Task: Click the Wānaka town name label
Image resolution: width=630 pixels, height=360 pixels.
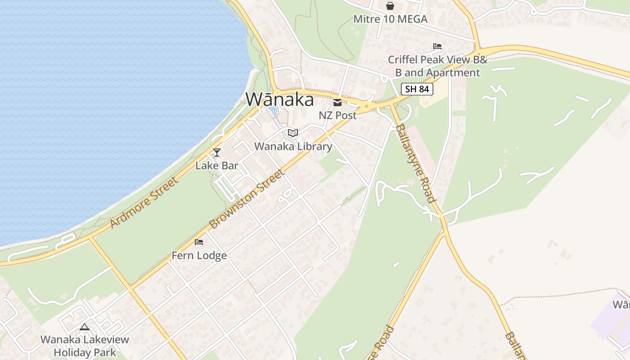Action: click(279, 99)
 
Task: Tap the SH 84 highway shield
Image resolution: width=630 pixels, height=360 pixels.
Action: click(417, 89)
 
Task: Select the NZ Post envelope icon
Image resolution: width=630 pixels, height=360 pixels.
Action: click(337, 103)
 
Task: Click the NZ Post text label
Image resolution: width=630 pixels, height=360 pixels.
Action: click(337, 115)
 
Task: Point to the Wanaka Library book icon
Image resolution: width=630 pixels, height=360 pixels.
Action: click(293, 133)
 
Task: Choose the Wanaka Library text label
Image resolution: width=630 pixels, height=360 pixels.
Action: click(293, 146)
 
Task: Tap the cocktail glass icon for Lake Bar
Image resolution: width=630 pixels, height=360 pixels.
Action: click(217, 153)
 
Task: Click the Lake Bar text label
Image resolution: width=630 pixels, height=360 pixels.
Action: click(217, 166)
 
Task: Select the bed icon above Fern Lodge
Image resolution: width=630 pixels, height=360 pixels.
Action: click(199, 242)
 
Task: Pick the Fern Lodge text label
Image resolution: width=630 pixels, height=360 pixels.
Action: click(199, 256)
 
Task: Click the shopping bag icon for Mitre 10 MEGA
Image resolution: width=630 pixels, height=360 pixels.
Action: click(390, 6)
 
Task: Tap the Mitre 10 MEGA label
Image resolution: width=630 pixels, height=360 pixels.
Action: click(390, 19)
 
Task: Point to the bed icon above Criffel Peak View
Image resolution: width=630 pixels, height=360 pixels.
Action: click(437, 46)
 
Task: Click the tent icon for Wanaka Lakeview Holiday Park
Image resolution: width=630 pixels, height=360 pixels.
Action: click(85, 327)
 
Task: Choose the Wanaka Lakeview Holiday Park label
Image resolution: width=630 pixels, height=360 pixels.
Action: click(85, 346)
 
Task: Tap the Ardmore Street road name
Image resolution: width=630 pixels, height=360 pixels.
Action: click(144, 202)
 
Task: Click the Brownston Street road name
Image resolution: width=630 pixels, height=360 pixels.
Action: click(247, 198)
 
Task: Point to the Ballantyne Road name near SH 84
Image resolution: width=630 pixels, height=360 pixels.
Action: click(414, 163)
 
